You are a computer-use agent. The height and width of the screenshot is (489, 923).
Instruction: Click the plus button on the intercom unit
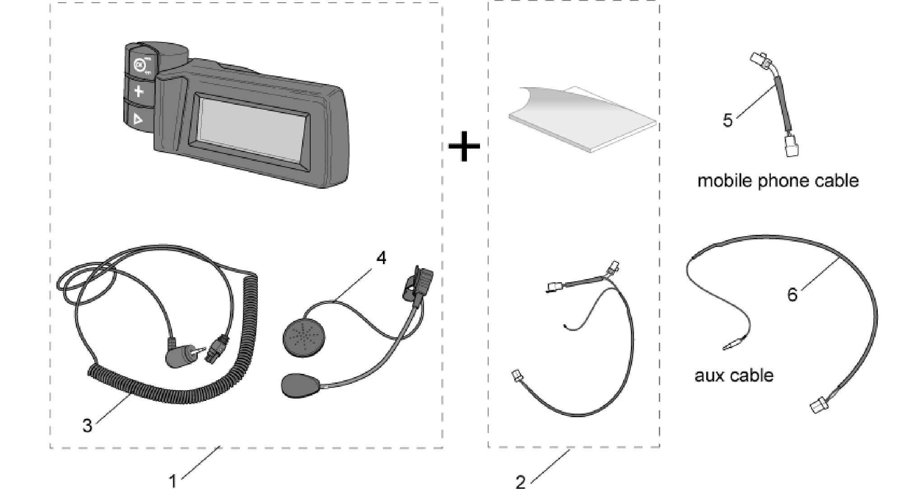tap(138, 92)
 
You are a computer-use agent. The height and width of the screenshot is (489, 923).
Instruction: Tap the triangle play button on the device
tap(138, 119)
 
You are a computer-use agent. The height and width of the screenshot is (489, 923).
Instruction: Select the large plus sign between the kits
tap(464, 145)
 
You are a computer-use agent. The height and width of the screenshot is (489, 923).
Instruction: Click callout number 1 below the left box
tap(172, 481)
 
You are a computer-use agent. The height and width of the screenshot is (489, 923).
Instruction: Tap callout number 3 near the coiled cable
tap(87, 425)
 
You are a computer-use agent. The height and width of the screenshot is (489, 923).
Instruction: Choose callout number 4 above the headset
tap(382, 258)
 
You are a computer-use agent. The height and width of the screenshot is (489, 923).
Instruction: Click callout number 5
tap(727, 121)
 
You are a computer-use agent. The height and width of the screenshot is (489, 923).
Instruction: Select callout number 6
tap(792, 295)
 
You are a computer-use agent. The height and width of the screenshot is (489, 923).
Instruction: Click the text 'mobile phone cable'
tap(778, 181)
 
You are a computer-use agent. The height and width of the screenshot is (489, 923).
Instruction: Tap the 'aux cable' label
tap(734, 375)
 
